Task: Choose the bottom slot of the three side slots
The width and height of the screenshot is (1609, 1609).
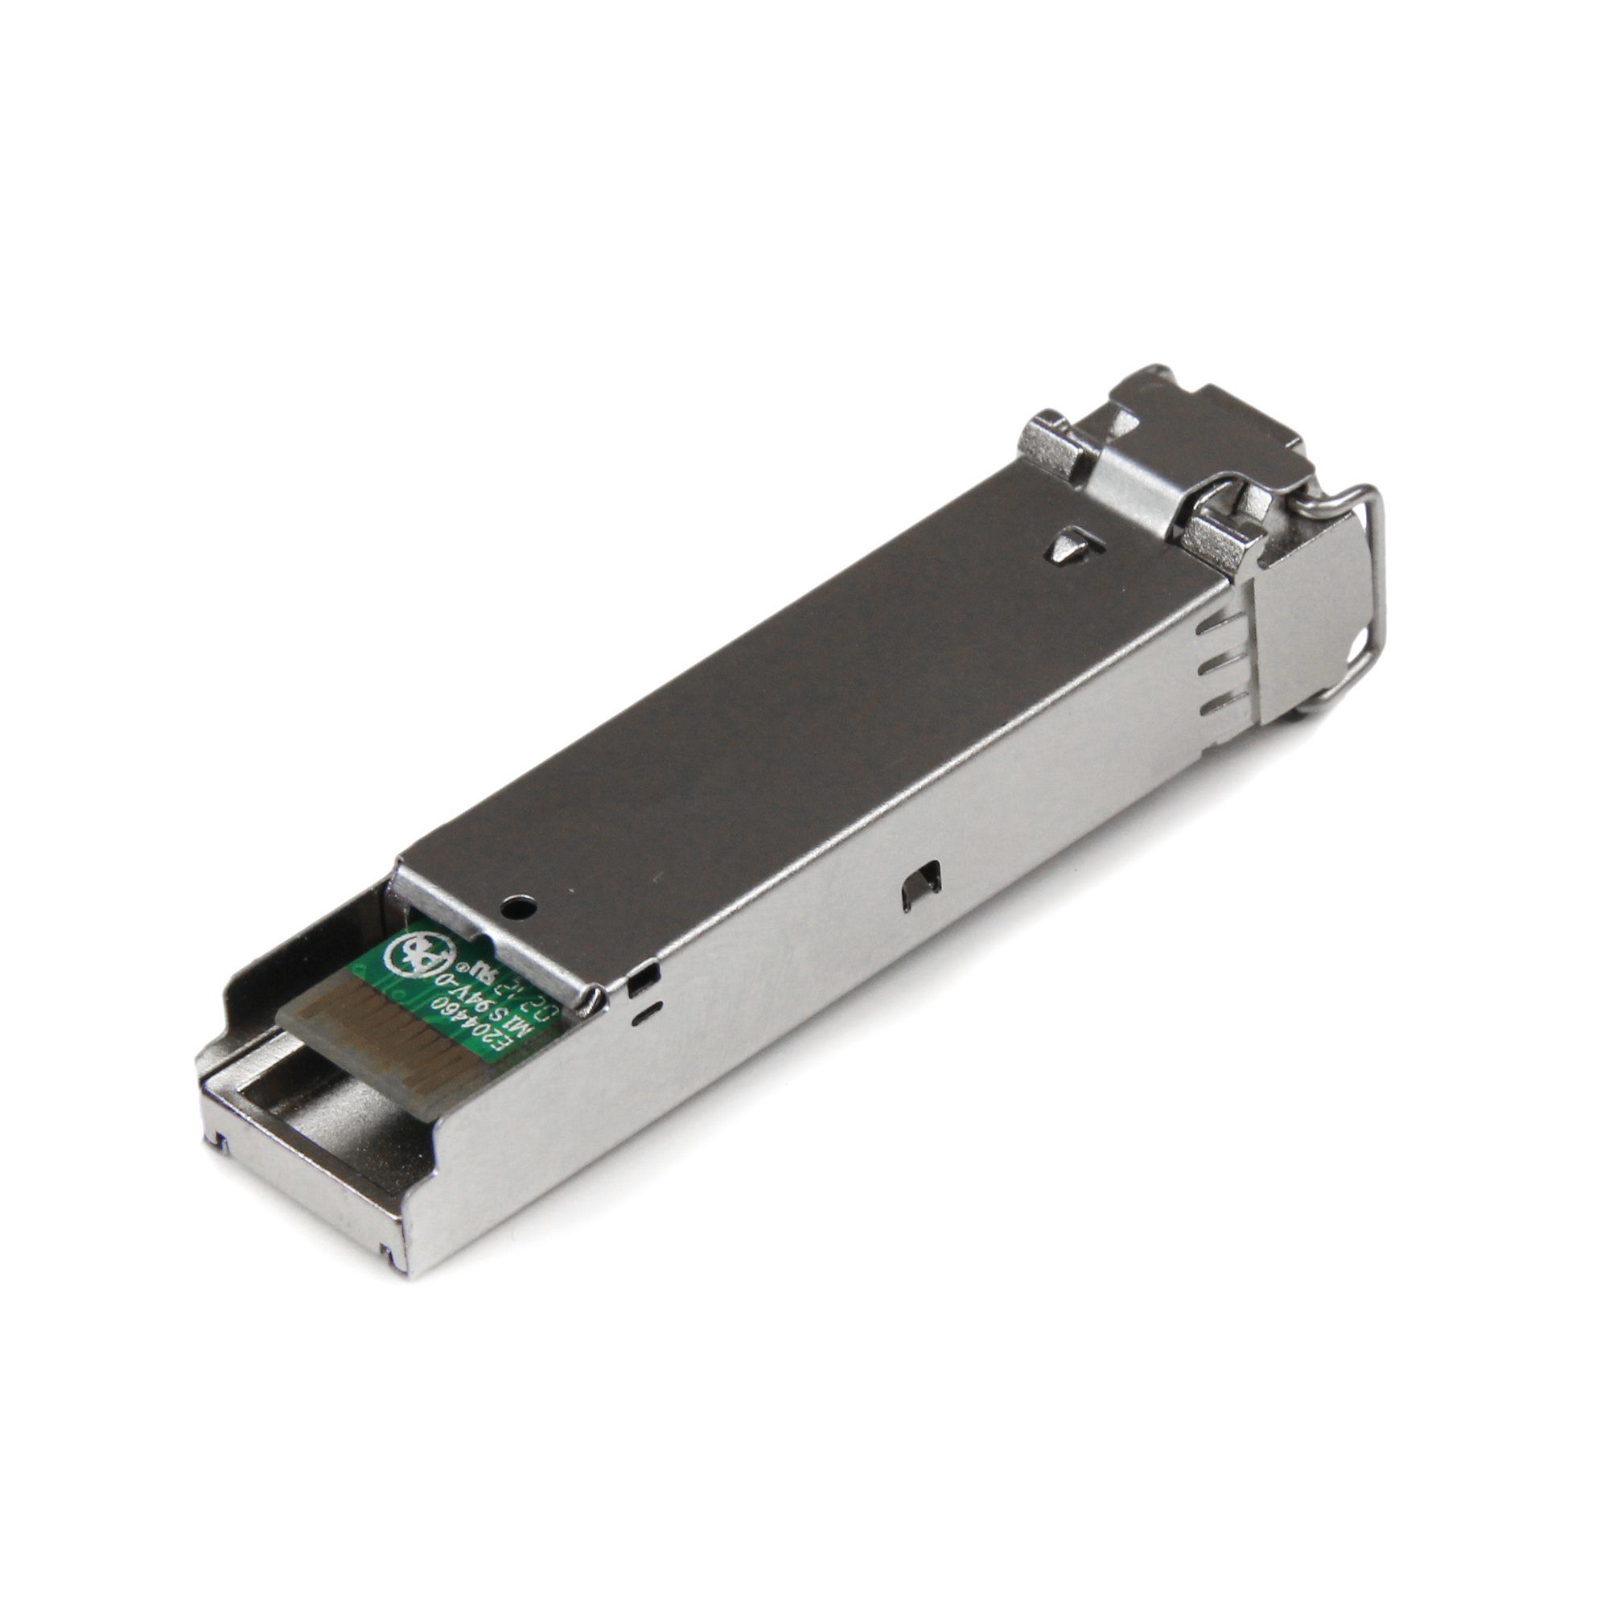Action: tap(1218, 705)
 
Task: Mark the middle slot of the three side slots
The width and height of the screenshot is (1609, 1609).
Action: tap(1216, 664)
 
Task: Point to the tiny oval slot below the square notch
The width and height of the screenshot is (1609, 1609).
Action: tap(646, 1012)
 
